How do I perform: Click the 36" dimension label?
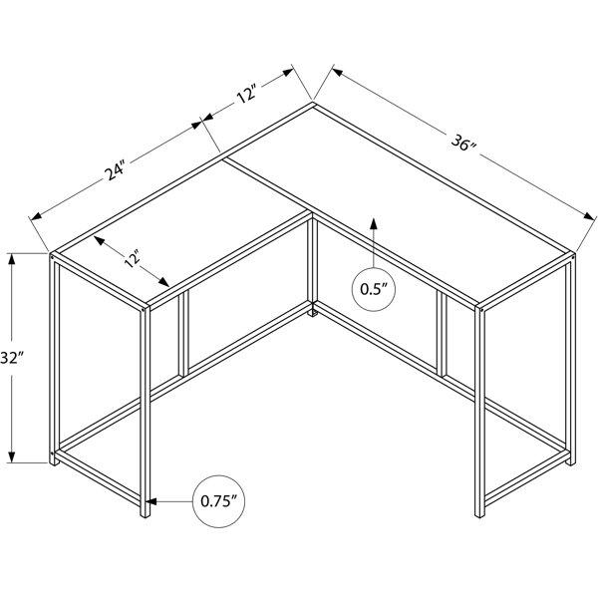463,143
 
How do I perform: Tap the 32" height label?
11,358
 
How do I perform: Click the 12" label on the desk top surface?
132,259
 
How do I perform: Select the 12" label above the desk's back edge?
247,93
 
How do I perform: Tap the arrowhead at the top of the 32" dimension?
12,259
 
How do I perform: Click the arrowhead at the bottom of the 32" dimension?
12,456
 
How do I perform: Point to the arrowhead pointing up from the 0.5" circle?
374,223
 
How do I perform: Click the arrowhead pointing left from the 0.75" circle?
151,501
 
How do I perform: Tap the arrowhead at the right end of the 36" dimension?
589,216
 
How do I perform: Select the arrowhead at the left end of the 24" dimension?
36,216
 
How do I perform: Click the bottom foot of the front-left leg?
146,515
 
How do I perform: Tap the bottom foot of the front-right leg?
479,515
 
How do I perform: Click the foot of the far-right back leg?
571,462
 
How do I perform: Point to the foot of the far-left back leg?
54,462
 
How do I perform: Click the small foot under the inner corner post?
313,314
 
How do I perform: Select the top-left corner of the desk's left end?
51,253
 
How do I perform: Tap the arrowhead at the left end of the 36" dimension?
338,73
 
